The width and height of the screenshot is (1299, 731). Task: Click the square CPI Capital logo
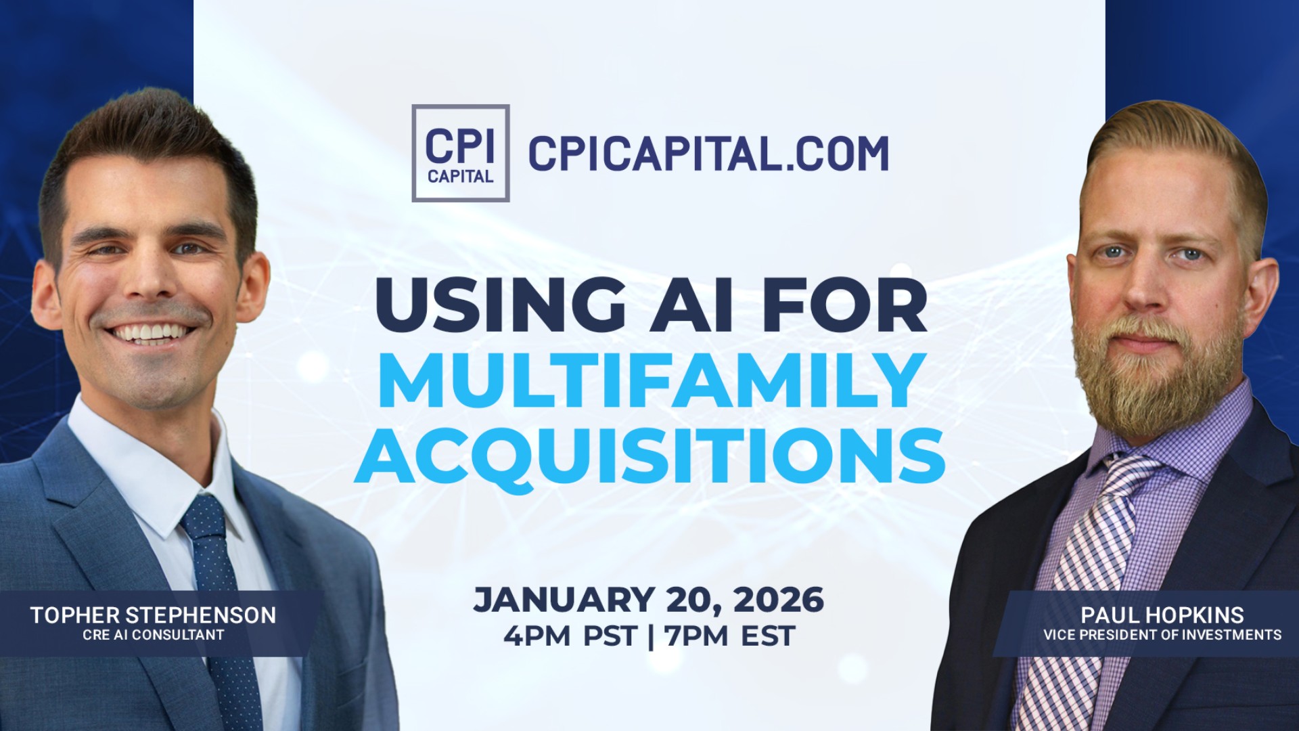click(x=460, y=153)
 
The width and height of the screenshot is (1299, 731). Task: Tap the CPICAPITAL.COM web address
click(x=708, y=154)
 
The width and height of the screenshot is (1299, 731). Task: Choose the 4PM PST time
click(x=570, y=636)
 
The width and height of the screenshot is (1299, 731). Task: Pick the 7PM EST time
click(x=729, y=636)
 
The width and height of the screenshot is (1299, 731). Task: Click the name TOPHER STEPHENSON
click(x=153, y=615)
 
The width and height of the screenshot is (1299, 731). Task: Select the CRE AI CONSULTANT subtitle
click(x=153, y=635)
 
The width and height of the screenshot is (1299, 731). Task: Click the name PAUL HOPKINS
click(x=1162, y=615)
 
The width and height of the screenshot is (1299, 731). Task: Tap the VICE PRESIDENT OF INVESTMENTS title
click(x=1162, y=635)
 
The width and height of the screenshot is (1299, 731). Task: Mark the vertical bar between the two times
click(x=651, y=636)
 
